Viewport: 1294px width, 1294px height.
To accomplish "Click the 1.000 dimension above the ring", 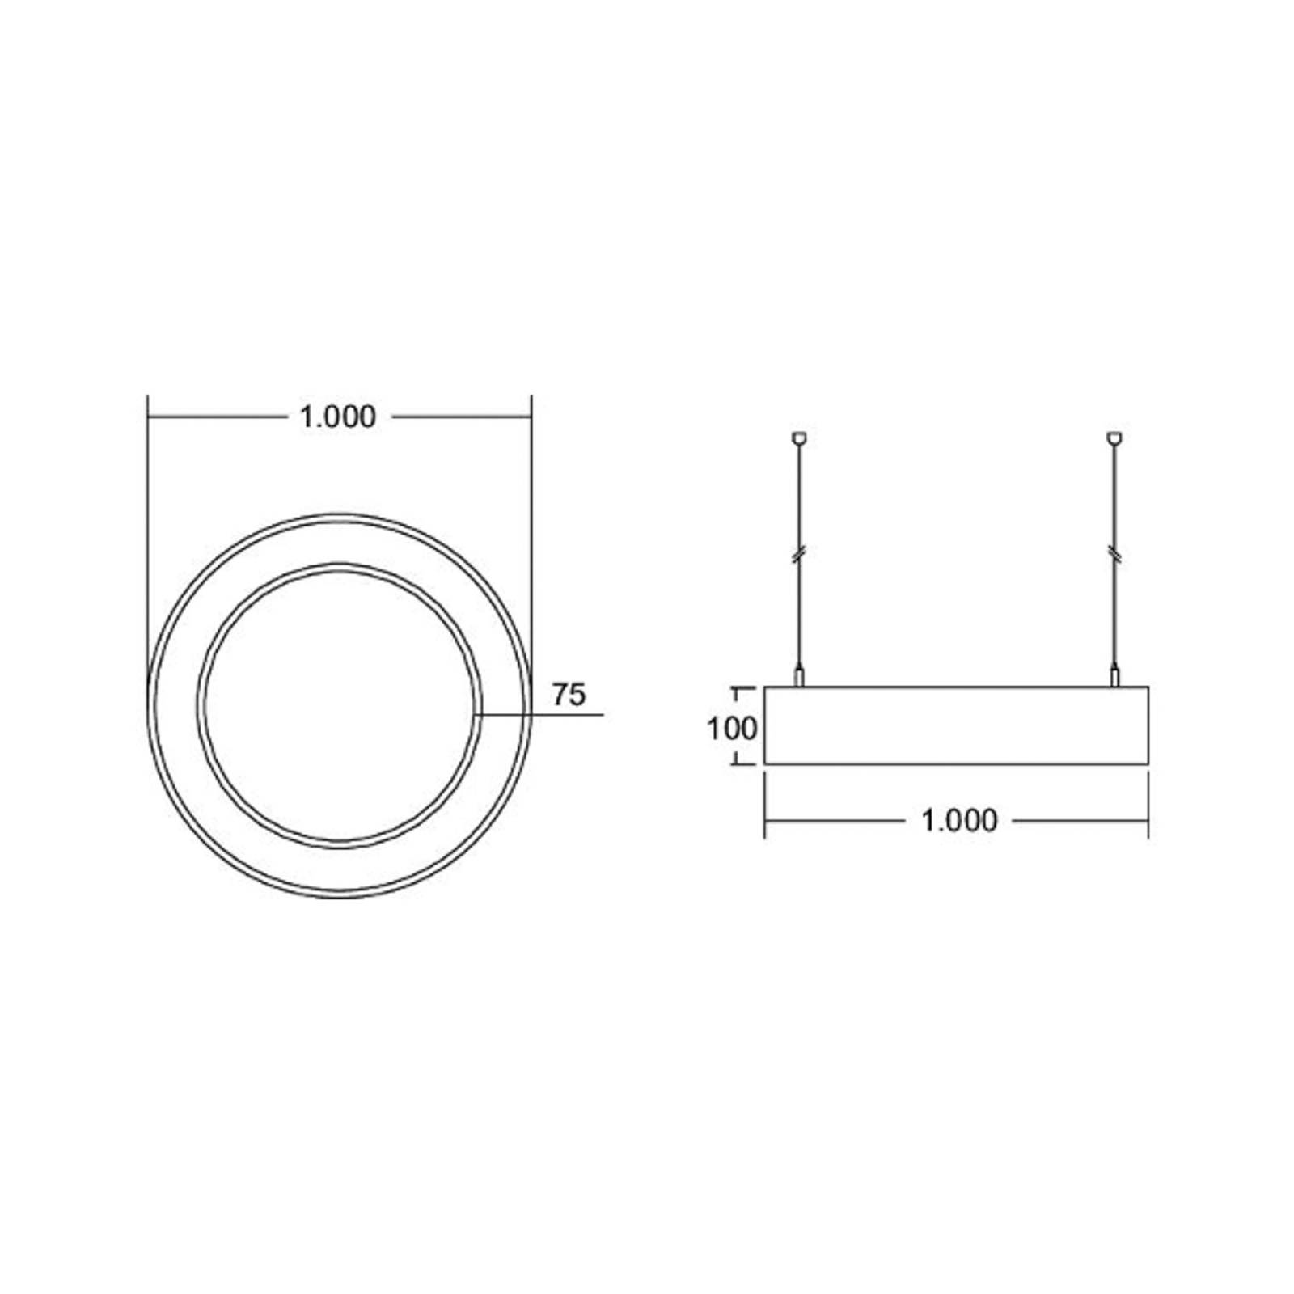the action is (x=338, y=417).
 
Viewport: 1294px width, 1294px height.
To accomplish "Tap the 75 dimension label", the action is (x=569, y=695).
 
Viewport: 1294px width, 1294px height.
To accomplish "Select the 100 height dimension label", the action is (x=732, y=729).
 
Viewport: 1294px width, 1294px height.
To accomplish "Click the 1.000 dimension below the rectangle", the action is (x=959, y=821).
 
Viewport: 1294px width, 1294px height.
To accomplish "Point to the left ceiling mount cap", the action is (x=799, y=438).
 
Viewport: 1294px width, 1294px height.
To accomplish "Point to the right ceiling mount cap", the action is (x=1114, y=438).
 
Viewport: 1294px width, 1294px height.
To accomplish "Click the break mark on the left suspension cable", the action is (x=799, y=554).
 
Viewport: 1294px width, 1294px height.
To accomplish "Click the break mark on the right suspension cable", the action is (x=1114, y=554).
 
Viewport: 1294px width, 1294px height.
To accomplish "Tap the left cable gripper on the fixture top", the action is (x=799, y=675).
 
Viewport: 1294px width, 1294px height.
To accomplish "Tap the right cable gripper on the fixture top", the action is (x=1114, y=675).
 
